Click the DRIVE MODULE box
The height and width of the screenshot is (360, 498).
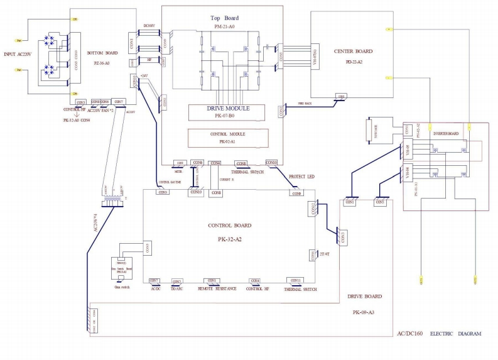(228, 112)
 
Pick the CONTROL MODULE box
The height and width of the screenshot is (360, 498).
(228, 138)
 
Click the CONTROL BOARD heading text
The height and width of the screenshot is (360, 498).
(229, 225)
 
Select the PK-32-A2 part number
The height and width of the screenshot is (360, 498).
(229, 237)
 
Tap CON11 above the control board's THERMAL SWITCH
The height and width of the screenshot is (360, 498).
(297, 280)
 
